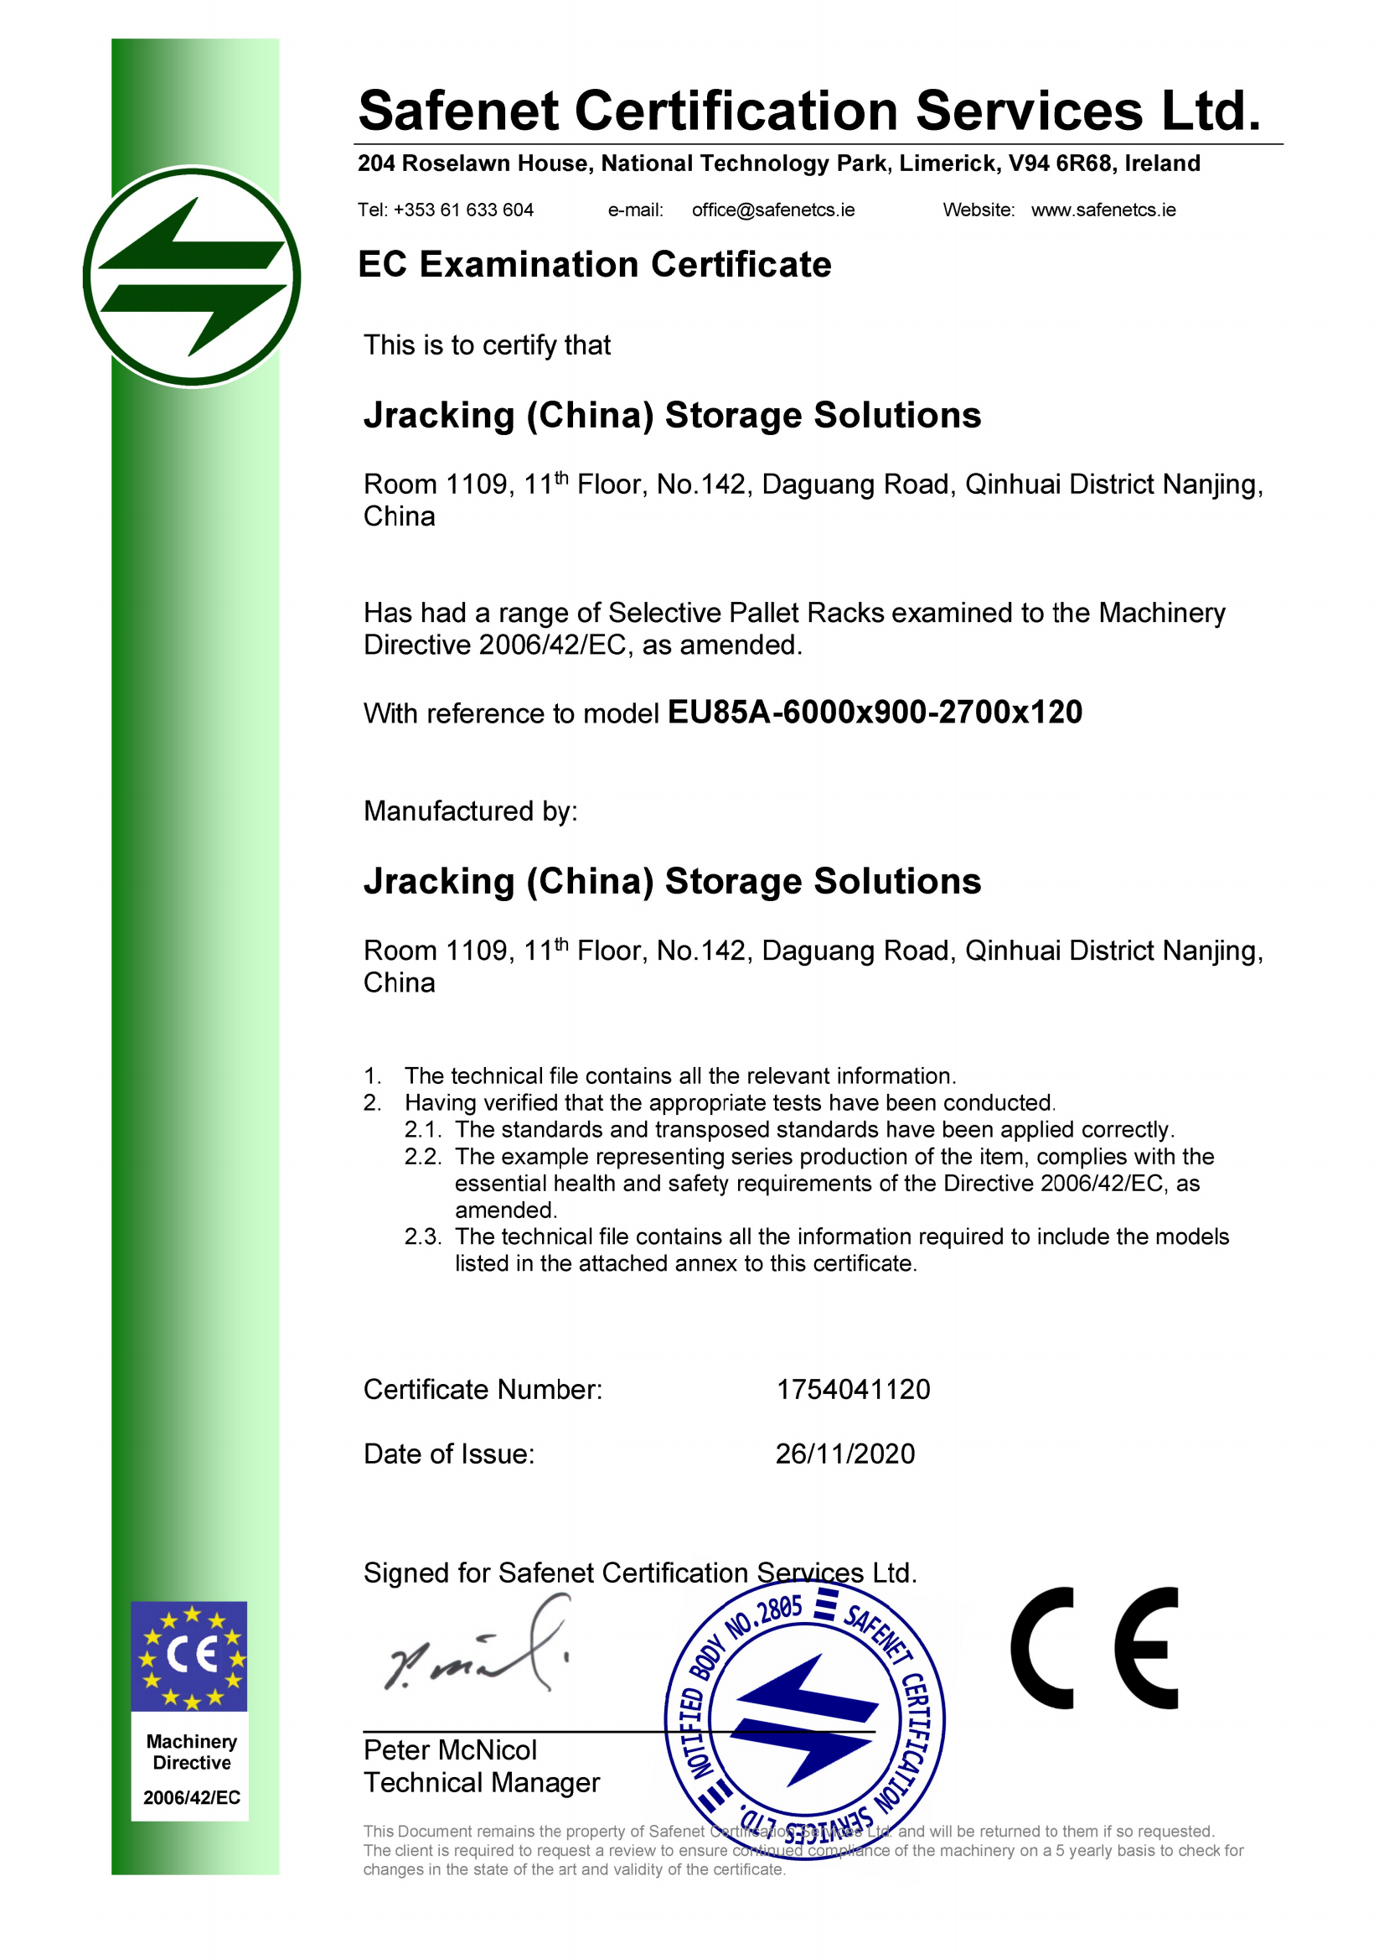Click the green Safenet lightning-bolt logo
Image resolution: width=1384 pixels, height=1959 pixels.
coord(192,277)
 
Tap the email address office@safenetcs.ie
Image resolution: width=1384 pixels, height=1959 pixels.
coord(772,210)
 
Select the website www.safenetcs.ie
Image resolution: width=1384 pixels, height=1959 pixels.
coord(1103,210)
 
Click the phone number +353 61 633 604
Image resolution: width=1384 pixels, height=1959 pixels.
coord(463,210)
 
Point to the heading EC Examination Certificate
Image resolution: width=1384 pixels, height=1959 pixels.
coord(594,265)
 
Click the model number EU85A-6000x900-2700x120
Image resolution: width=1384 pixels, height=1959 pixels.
coord(874,713)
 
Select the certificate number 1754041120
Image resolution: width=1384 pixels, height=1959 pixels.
coord(853,1390)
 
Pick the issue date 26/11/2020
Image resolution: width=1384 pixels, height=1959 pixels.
coord(844,1454)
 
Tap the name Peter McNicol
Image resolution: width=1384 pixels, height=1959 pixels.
coord(449,1750)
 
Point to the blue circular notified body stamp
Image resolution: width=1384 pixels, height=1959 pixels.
coord(804,1719)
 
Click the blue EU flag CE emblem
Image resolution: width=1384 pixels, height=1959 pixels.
coord(189,1656)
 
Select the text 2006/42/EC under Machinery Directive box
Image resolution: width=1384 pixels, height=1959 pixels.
coord(191,1798)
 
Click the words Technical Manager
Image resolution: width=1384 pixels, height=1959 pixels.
coord(481,1782)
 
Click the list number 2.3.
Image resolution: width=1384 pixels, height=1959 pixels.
coord(422,1236)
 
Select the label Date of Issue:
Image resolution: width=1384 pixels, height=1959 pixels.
coord(448,1454)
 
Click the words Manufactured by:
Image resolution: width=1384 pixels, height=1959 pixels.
coord(470,811)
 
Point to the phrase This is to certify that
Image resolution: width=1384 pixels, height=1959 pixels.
coord(487,345)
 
